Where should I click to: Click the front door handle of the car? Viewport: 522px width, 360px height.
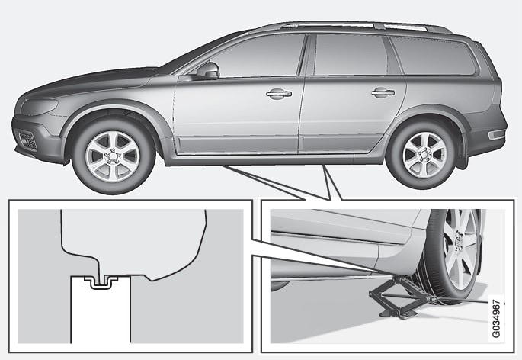[x=279, y=94]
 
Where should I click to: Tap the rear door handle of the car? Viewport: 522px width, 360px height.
[x=383, y=92]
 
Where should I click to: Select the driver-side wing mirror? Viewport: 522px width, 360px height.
[x=208, y=71]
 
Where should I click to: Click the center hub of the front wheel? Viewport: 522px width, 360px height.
[x=113, y=156]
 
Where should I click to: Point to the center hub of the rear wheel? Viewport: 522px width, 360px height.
[x=424, y=155]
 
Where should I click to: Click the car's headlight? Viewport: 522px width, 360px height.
[x=40, y=106]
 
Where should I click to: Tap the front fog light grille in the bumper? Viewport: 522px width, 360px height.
[x=27, y=140]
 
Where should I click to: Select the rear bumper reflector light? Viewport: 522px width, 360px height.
[x=496, y=134]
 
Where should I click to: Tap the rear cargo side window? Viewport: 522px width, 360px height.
[x=433, y=56]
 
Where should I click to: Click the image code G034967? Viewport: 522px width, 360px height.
[x=496, y=319]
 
